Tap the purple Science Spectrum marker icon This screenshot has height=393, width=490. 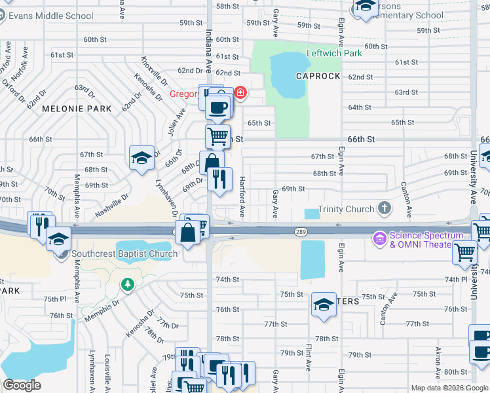(x=379, y=236)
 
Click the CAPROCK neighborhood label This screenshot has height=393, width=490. (x=318, y=76)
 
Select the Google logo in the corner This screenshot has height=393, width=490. (x=22, y=384)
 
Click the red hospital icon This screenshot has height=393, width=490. (x=240, y=94)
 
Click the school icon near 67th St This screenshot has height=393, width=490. (x=141, y=158)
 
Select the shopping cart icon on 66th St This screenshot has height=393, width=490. (x=217, y=136)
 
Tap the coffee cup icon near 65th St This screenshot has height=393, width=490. (x=218, y=106)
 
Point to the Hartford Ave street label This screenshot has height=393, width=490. (x=241, y=197)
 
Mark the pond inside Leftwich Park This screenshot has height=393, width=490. (x=286, y=73)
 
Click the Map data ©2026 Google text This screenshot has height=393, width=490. (x=449, y=387)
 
